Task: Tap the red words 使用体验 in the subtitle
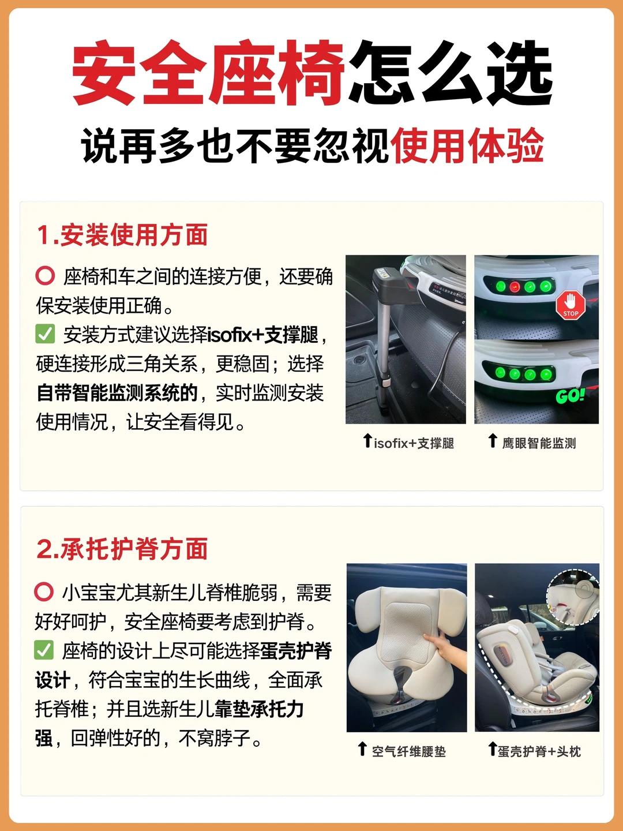click(x=467, y=146)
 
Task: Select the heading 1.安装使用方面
click(x=122, y=235)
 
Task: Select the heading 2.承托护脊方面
click(x=122, y=549)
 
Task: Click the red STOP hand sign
click(x=571, y=305)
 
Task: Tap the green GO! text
click(x=570, y=396)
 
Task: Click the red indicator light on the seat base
click(x=515, y=287)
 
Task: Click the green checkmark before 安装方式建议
click(x=45, y=334)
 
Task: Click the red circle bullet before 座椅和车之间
click(x=45, y=276)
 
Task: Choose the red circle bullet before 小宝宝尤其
click(x=44, y=592)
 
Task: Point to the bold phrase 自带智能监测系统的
click(x=117, y=392)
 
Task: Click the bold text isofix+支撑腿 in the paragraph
click(x=263, y=335)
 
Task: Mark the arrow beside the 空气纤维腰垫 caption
click(x=362, y=748)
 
